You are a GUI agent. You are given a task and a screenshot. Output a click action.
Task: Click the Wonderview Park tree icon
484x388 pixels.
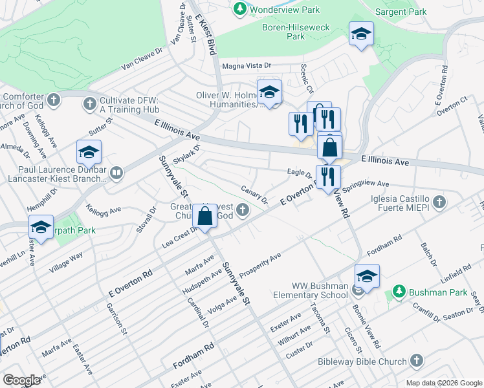[x=240, y=9]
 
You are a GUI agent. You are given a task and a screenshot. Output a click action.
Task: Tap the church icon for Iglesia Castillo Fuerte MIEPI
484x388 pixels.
[x=439, y=202]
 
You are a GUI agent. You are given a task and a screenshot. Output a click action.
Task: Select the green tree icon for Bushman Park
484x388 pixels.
[x=399, y=292]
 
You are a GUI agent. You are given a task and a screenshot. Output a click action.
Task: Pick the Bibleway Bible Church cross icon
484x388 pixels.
[x=417, y=361]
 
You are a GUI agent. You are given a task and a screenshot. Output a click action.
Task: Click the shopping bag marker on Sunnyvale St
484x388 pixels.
[x=204, y=217]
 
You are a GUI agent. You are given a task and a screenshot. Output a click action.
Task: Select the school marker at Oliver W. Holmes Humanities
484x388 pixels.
[x=269, y=93]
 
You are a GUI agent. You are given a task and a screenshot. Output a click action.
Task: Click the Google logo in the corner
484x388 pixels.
[x=21, y=380]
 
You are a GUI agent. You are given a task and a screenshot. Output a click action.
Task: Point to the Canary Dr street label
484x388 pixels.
[x=254, y=193]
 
